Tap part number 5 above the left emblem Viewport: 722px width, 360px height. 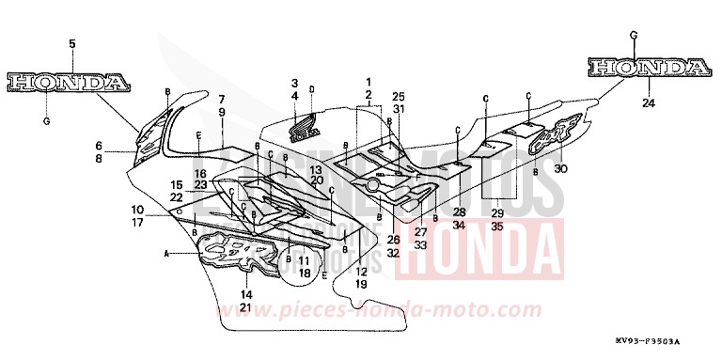[x=71, y=43]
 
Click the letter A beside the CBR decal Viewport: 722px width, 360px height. [x=168, y=252]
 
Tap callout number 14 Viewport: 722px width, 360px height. [x=245, y=295]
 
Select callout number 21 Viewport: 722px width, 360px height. [x=245, y=307]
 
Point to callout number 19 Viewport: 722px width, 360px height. [x=361, y=283]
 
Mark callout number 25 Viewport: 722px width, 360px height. [x=398, y=96]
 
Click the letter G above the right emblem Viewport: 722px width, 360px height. [x=634, y=35]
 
